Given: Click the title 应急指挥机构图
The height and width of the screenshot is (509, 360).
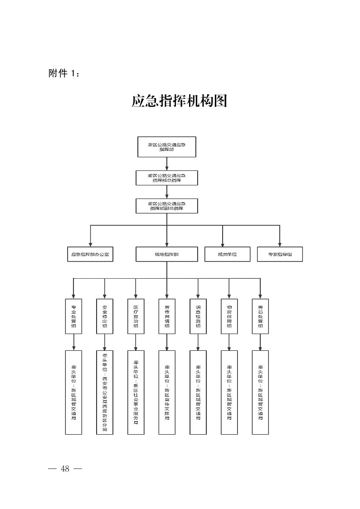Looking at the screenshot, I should click(x=179, y=101).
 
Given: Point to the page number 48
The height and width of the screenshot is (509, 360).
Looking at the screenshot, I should click(x=65, y=469).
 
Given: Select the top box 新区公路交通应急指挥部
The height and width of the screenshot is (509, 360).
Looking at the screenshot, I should click(x=167, y=147).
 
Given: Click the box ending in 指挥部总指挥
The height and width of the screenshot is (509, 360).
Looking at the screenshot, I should click(x=167, y=178).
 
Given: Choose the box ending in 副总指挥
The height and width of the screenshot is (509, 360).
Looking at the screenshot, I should click(x=167, y=206).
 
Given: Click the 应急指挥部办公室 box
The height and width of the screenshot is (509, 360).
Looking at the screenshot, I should click(x=90, y=254).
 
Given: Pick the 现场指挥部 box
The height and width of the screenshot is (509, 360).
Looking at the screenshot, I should click(x=167, y=254).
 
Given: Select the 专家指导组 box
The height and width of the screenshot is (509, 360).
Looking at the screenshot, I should click(x=280, y=254).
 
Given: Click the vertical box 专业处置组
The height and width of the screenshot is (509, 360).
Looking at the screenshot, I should click(x=73, y=316).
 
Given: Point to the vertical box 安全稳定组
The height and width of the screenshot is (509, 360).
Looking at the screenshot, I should click(x=105, y=316).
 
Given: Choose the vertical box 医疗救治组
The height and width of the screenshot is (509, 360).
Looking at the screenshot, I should click(x=136, y=316).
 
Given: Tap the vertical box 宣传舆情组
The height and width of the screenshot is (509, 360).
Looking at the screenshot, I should click(x=167, y=316).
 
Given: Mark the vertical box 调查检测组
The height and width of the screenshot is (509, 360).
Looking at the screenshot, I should click(x=198, y=316).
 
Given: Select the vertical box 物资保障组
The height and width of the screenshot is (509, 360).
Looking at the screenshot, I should click(x=229, y=316).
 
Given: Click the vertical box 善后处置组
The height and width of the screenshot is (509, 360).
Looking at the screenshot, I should click(x=260, y=316).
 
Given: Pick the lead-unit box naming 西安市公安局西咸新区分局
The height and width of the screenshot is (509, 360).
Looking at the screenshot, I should click(x=105, y=392).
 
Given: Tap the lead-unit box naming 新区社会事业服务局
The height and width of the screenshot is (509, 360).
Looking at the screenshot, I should click(x=136, y=392).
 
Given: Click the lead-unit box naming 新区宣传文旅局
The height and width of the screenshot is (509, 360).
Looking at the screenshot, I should click(x=167, y=392).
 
